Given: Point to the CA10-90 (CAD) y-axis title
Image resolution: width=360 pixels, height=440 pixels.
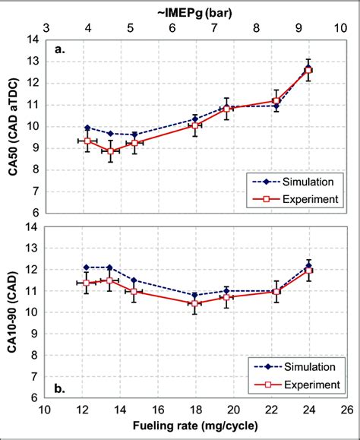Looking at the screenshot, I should pyautogui.click(x=14, y=312).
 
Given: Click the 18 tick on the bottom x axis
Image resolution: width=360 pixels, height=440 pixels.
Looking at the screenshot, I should pyautogui.click(x=195, y=411).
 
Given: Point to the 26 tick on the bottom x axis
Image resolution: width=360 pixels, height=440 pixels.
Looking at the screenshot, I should pyautogui.click(x=346, y=411).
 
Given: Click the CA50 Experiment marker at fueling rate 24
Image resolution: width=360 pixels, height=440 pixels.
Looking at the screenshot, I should pyautogui.click(x=308, y=71).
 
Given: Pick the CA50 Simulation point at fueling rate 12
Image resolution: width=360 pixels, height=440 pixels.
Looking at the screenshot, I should pyautogui.click(x=87, y=128).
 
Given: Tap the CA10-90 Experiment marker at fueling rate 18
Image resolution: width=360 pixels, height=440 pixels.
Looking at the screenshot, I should pyautogui.click(x=195, y=303).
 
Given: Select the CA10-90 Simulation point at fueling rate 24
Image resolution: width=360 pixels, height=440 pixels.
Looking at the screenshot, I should pyautogui.click(x=308, y=265).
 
